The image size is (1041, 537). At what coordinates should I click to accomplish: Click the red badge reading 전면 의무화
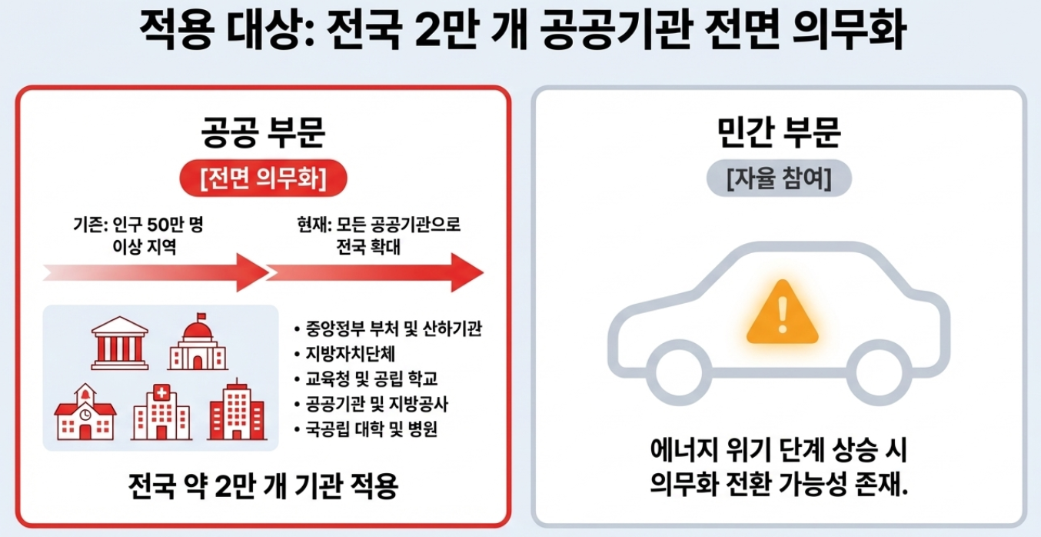tap(263, 179)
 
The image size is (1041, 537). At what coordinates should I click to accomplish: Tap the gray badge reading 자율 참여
tap(779, 179)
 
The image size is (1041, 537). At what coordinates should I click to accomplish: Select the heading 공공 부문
tap(263, 132)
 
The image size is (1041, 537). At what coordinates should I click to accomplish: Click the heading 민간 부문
tap(779, 132)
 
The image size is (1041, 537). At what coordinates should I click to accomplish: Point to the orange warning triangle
tap(783, 312)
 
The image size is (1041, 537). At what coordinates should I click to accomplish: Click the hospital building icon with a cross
tap(161, 412)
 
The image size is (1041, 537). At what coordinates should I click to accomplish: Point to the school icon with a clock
tap(85, 412)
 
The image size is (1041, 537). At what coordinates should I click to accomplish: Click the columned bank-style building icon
tap(119, 343)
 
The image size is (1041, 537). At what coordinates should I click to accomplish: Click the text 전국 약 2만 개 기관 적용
tap(263, 486)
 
